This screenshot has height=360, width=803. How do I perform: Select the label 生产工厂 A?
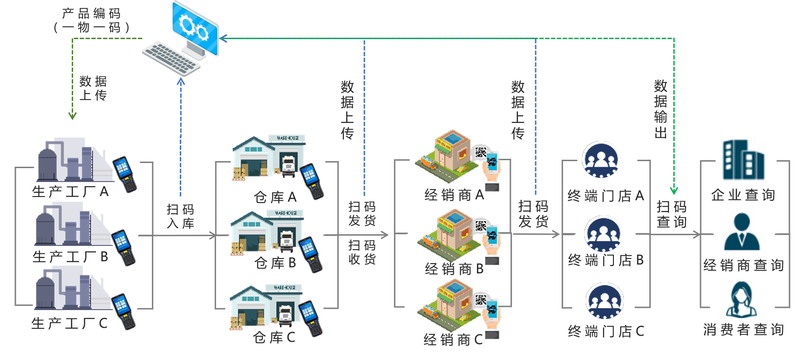pyautogui.click(x=70, y=191)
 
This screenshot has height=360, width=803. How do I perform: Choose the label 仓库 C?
pyautogui.click(x=274, y=337)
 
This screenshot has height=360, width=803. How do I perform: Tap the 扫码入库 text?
pyautogui.click(x=180, y=216)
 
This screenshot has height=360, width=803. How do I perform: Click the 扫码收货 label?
pyautogui.click(x=362, y=252)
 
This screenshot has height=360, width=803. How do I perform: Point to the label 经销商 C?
pyautogui.click(x=453, y=340)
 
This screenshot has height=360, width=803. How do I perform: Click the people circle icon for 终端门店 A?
pyautogui.click(x=601, y=159)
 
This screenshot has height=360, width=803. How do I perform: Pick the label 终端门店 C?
pyautogui.click(x=606, y=331)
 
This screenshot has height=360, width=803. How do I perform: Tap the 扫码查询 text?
pyautogui.click(x=671, y=214)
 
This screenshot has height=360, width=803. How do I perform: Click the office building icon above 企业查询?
pyautogui.click(x=745, y=159)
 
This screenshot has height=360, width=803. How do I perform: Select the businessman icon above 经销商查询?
pyautogui.click(x=741, y=231)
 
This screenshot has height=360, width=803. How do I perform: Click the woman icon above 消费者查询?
pyautogui.click(x=741, y=300)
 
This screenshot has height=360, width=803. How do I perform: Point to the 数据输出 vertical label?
pyautogui.click(x=660, y=109)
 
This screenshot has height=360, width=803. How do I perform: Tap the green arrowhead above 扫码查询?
pyautogui.click(x=674, y=190)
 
